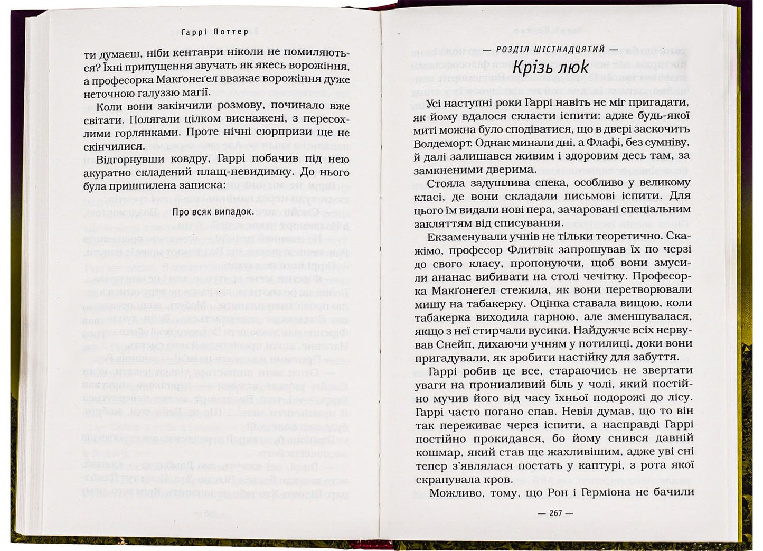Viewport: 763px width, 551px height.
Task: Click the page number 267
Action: point(554,513)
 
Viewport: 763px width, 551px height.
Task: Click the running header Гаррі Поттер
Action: point(214,32)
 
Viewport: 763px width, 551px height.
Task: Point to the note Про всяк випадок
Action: point(210,211)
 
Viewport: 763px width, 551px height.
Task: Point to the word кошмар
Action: point(434,452)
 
